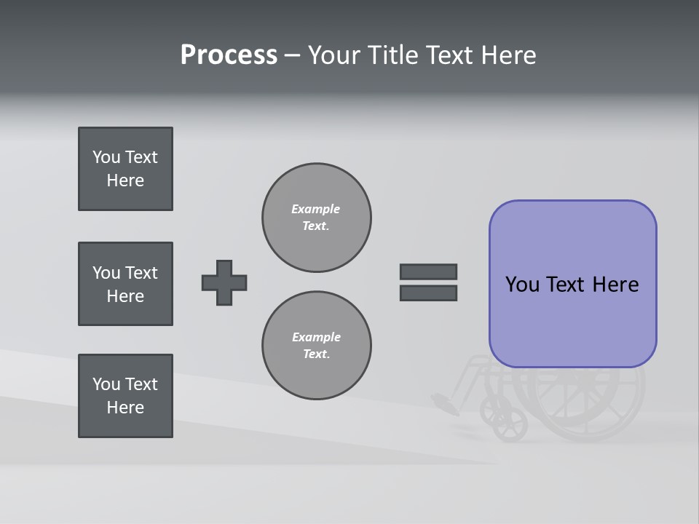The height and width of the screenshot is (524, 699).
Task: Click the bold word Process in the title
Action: click(229, 55)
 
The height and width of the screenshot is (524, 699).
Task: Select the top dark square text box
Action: click(125, 169)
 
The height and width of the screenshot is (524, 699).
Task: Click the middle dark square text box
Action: click(125, 284)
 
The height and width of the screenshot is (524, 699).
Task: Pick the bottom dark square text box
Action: click(125, 396)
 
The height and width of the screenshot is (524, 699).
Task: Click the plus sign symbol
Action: click(224, 282)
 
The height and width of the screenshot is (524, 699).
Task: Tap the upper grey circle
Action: click(317, 218)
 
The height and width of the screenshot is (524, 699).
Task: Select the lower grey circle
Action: click(317, 346)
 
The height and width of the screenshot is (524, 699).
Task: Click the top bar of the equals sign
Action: click(428, 271)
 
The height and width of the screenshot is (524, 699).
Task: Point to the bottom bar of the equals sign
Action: click(428, 293)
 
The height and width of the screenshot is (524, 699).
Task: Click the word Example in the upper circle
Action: click(315, 209)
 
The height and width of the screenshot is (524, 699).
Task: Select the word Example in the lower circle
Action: click(316, 337)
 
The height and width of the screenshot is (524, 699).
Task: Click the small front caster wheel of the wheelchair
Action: click(510, 424)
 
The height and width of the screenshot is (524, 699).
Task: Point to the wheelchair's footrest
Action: click(445, 402)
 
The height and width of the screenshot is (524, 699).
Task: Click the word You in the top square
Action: click(106, 157)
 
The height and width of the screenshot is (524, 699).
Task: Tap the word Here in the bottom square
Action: click(125, 408)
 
